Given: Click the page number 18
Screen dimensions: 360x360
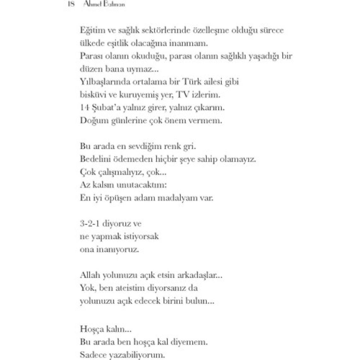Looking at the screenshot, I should point(71,4).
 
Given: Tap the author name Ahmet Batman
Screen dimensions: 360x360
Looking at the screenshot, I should point(104,4).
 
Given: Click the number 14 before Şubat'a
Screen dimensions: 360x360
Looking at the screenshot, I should point(84,108).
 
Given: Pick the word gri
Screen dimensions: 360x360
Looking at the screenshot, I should point(190,147).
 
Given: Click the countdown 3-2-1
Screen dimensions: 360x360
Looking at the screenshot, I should point(90,224).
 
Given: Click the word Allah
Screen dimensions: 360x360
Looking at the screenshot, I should point(89,275).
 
